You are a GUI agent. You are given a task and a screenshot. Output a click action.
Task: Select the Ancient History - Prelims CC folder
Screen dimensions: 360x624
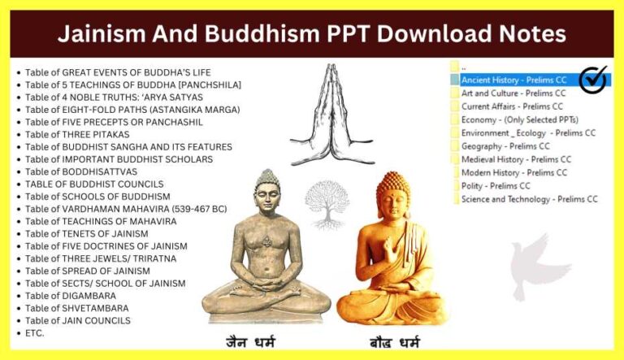[513, 80]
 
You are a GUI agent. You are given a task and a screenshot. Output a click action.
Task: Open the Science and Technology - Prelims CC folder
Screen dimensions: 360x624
[529, 199]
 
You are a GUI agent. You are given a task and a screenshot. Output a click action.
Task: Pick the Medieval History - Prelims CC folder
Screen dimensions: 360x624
[515, 159]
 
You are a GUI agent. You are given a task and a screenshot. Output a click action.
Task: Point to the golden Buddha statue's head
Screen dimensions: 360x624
[393, 194]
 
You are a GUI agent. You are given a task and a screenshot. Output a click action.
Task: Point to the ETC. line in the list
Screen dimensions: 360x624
[35, 333]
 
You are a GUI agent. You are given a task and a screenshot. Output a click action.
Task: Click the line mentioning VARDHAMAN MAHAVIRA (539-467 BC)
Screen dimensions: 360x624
[126, 209]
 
